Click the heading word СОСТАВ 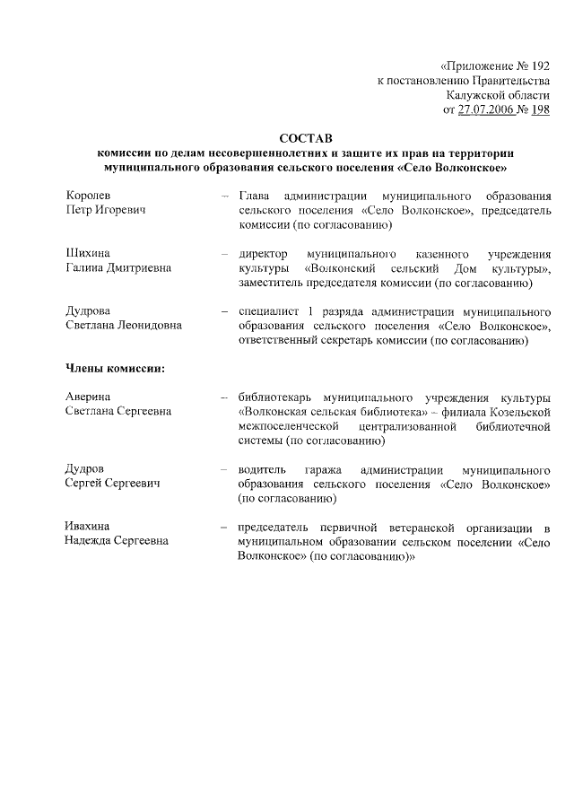click(x=305, y=138)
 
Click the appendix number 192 click(x=540, y=65)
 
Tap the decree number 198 click(x=540, y=109)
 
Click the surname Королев click(x=88, y=195)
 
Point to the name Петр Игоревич click(x=106, y=209)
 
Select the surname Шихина click(x=88, y=253)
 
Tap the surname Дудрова click(x=88, y=310)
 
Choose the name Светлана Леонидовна click(x=124, y=325)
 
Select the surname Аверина click(x=90, y=397)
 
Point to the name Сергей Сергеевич click(x=112, y=483)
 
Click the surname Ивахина click(x=90, y=526)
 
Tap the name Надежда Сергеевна click(x=117, y=540)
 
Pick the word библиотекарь click(x=277, y=397)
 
